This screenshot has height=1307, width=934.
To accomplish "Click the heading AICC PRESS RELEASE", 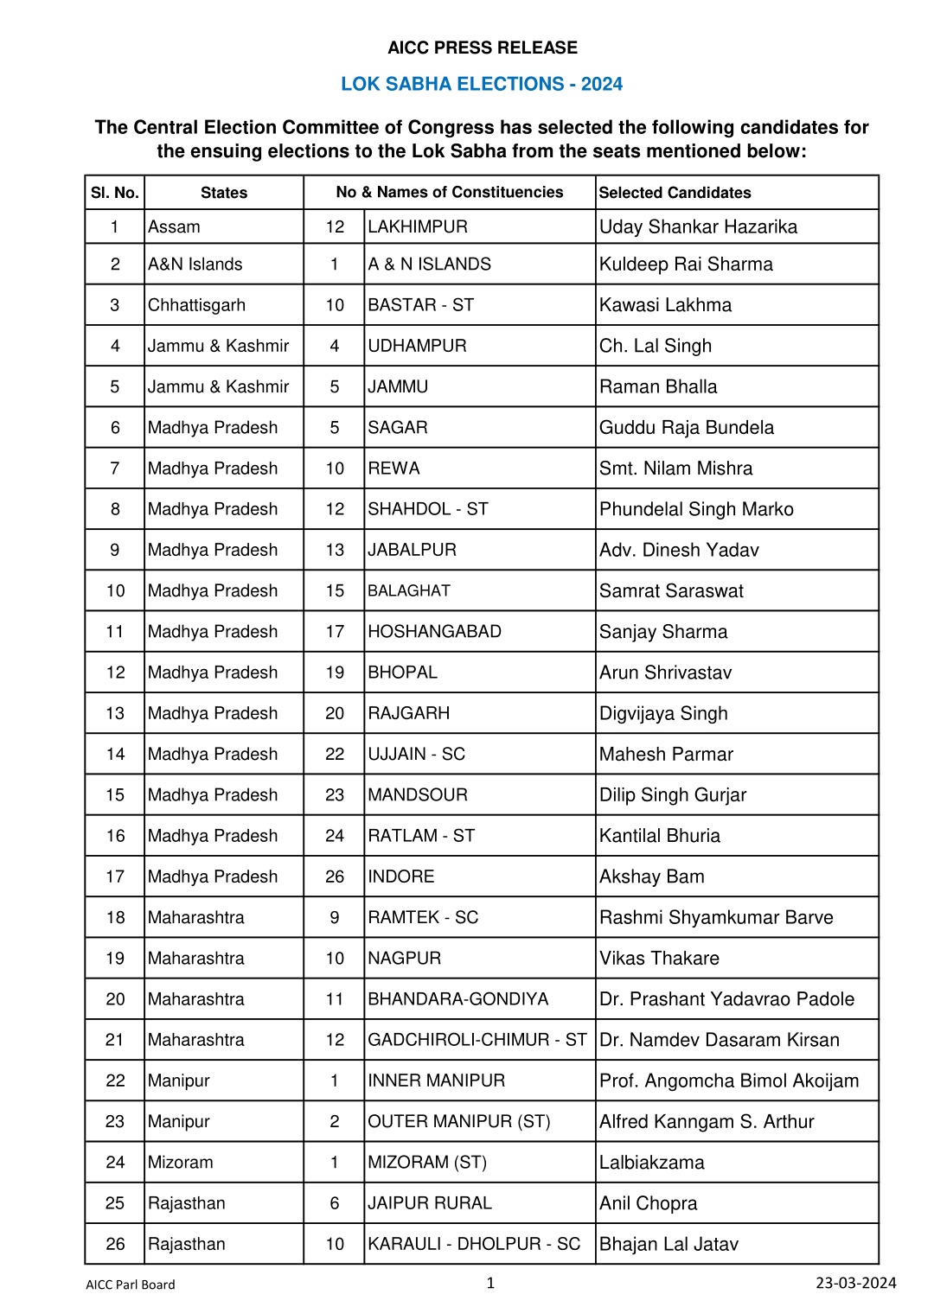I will point(482,48).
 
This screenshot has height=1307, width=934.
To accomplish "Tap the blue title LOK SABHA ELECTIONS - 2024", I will point(482,84).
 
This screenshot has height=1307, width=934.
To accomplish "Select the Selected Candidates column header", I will point(675,193).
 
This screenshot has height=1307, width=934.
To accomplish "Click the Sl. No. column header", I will point(115,193).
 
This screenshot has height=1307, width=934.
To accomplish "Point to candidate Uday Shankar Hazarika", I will point(698,227).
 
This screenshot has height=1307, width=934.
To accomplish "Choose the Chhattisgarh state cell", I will point(196,305).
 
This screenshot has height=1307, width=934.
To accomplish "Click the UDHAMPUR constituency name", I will point(417,346).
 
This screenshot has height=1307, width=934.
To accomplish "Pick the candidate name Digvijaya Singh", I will point(663,714).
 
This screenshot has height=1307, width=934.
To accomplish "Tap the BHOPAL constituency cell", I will point(402,673).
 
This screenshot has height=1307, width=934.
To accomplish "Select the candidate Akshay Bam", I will point(651,877).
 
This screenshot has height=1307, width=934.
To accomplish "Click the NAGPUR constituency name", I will point(404,959).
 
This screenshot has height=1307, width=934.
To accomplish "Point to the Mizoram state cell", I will point(180,1163).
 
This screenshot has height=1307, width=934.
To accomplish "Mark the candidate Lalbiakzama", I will point(651,1163).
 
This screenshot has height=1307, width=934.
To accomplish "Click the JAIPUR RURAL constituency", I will point(429,1203).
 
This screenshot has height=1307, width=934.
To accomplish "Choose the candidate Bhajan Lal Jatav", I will point(669,1245).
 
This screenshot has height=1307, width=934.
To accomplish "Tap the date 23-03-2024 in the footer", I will point(855,1283).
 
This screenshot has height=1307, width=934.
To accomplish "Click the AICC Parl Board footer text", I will point(130,1285).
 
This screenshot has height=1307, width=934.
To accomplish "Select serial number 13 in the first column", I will point(115,714).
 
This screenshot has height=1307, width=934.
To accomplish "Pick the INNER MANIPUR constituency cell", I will point(436,1081).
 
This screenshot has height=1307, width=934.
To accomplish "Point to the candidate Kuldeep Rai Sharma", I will point(686,265).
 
